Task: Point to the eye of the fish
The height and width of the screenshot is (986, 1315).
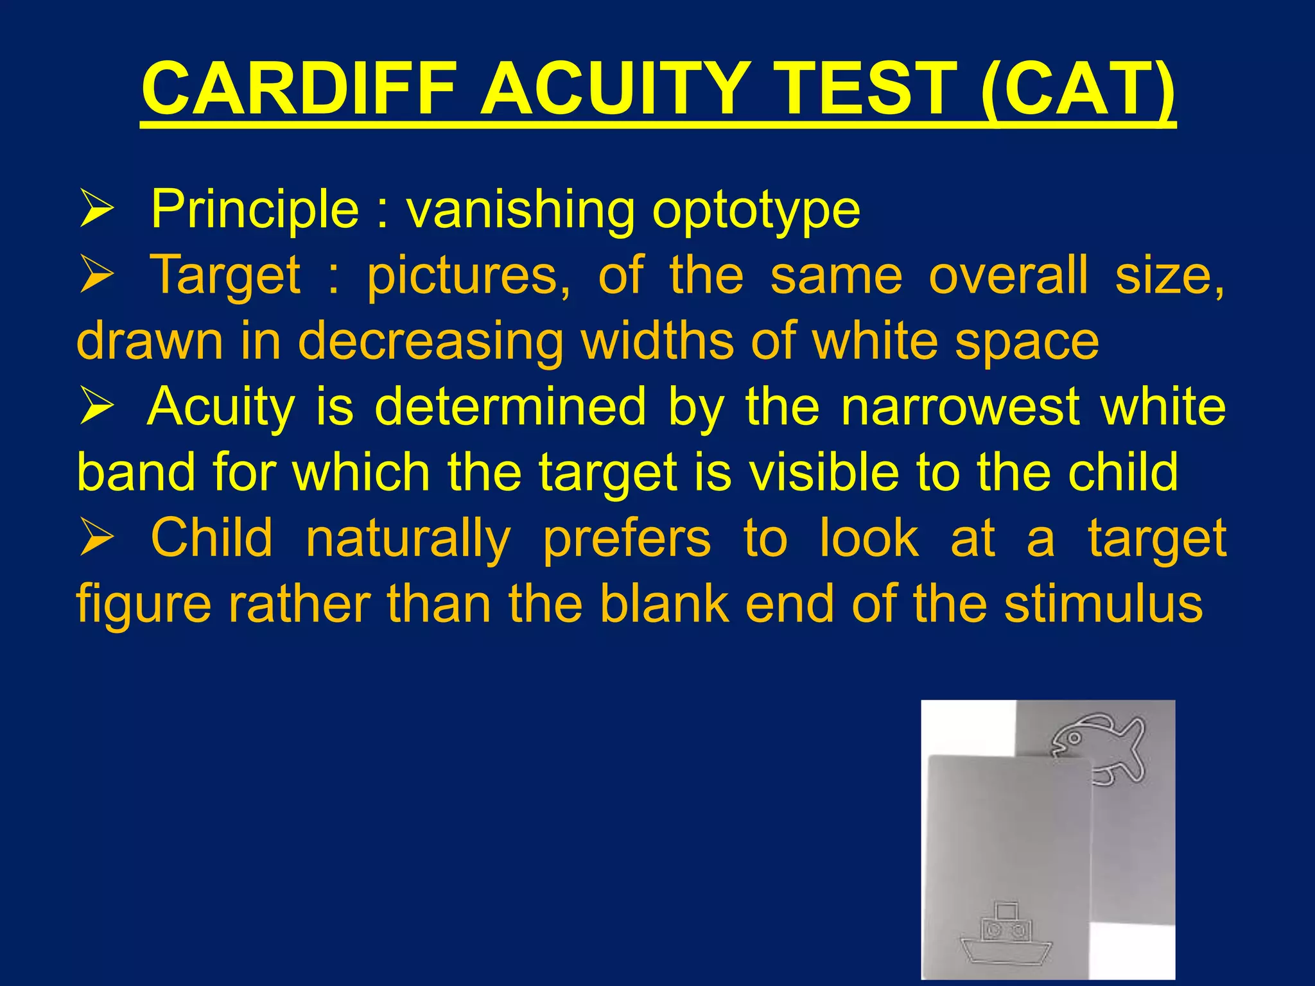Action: (x=1074, y=739)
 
